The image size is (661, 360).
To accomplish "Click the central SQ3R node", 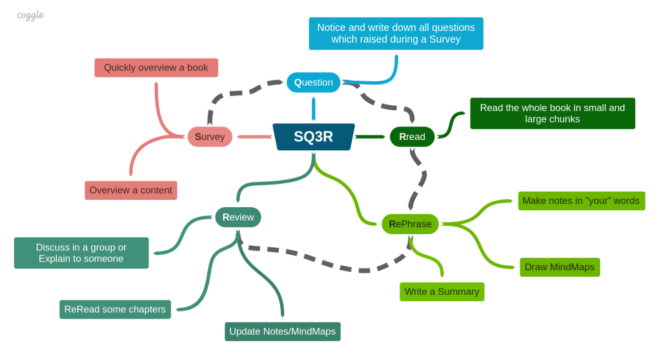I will [x=314, y=137].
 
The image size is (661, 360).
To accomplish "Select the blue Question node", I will [x=313, y=82].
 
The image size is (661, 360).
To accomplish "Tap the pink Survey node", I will [x=210, y=137].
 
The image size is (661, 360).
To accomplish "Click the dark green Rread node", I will [x=412, y=137].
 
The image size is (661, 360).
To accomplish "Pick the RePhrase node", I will [x=410, y=224].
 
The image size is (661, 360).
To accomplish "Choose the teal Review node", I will [x=238, y=217].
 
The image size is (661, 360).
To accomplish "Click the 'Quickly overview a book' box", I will [x=156, y=68].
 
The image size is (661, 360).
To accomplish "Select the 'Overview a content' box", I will [x=130, y=190].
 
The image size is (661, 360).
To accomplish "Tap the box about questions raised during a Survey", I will [x=396, y=34].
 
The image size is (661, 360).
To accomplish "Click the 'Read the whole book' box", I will [x=552, y=114].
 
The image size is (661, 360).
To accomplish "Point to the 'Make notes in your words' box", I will [x=581, y=201].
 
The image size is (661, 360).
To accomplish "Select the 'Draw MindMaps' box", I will [x=560, y=267].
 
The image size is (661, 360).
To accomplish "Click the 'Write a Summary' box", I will [x=442, y=292].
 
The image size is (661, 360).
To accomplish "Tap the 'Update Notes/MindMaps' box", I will [x=282, y=332].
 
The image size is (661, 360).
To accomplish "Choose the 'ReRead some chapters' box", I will [x=115, y=309].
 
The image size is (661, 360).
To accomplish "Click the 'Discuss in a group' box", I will [x=81, y=253].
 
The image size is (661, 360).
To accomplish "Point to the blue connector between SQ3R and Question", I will [x=313, y=108].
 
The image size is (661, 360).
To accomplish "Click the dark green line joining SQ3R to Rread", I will [x=371, y=137].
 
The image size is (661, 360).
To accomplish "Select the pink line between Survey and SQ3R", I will [x=254, y=137].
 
